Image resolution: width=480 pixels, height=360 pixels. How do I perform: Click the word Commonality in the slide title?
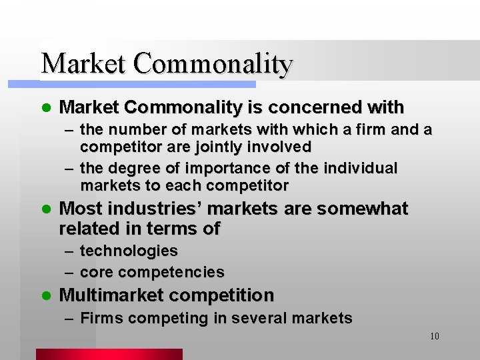[x=213, y=63]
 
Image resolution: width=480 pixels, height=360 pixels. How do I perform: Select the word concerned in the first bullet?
[x=307, y=107]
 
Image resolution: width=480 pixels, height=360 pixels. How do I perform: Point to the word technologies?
[x=129, y=251]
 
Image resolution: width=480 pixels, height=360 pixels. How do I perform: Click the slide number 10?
[x=434, y=336]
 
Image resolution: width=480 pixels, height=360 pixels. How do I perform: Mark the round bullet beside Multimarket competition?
[x=45, y=295]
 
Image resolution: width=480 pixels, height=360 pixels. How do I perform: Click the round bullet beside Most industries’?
[x=45, y=209]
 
